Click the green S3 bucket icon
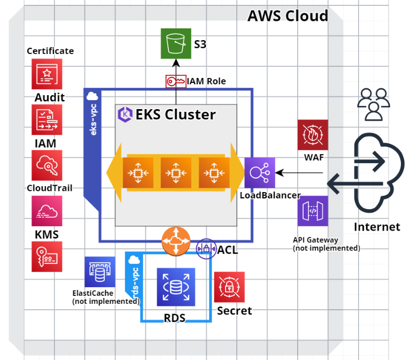[x=176, y=43]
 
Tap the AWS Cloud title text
[x=288, y=16]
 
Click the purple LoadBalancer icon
[x=260, y=173]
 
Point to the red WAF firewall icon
[x=313, y=135]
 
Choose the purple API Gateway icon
[x=313, y=211]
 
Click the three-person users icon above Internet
[x=373, y=103]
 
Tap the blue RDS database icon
[x=176, y=287]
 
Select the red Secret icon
[x=229, y=287]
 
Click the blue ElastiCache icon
[x=100, y=272]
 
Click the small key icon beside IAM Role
[x=175, y=81]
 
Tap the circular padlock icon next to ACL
[x=206, y=248]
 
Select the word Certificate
[x=50, y=51]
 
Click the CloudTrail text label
[x=49, y=188]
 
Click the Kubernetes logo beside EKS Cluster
[x=125, y=114]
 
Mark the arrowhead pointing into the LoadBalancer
[x=278, y=173]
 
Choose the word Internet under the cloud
[x=376, y=227]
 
